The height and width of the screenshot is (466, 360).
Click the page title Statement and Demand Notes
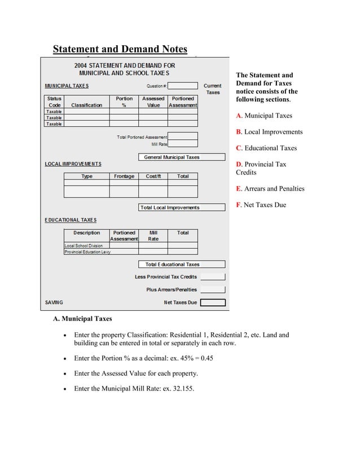pos(120,49)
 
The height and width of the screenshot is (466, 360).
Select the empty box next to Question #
pos(182,86)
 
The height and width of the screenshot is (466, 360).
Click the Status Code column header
pos(54,102)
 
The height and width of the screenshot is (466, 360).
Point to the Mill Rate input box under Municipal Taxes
pos(183,144)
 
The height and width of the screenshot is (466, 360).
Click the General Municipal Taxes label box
pos(172,157)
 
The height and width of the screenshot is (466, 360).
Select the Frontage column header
pos(124,177)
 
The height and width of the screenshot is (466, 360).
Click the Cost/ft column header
pos(153,177)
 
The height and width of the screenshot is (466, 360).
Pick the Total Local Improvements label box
pos(169,208)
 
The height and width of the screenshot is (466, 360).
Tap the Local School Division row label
pos(84,246)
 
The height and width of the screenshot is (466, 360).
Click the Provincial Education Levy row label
pos(87,252)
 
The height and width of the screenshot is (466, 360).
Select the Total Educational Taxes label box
pos(172,264)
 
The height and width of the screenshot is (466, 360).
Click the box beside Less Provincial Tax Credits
pos(213,277)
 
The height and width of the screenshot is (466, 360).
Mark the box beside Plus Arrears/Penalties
pos(213,289)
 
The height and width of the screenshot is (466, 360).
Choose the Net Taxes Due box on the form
pos(213,302)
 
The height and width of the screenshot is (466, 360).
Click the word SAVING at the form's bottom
pos(54,303)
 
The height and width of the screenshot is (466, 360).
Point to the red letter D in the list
pos(239,164)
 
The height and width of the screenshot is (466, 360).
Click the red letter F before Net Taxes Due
pos(238,205)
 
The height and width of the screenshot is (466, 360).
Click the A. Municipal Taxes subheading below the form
pos(82,319)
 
